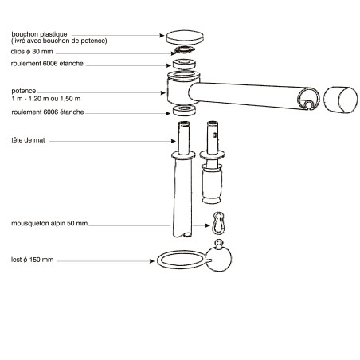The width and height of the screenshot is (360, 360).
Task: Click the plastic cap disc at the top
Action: [185, 37]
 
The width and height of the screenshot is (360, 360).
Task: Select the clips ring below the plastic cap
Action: [184, 49]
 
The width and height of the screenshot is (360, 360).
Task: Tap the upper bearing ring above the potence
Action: [184, 64]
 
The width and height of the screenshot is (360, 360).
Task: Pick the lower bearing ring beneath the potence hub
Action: [184, 110]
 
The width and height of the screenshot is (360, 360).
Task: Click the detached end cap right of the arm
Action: [341, 100]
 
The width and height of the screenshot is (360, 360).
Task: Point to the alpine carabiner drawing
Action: [218, 223]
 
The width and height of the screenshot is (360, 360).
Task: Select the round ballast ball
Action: [219, 259]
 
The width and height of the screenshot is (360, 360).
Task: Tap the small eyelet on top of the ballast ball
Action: [219, 243]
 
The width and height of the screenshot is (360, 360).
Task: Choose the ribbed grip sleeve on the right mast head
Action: [212, 184]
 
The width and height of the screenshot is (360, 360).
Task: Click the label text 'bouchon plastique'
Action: [39, 34]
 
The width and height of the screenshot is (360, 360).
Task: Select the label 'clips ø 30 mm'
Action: [32, 52]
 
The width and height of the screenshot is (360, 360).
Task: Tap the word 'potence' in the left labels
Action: [24, 91]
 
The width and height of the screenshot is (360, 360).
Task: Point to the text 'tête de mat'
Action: [28, 140]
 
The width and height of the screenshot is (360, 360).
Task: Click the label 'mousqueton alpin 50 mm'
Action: [49, 223]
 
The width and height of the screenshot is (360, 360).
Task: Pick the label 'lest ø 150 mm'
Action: [32, 260]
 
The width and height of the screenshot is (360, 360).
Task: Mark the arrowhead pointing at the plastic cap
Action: [162, 35]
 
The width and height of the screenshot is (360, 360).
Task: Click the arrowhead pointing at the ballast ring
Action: [152, 261]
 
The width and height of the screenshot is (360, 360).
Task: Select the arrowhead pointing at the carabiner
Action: [208, 225]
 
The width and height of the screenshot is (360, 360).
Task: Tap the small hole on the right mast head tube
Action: [215, 135]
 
